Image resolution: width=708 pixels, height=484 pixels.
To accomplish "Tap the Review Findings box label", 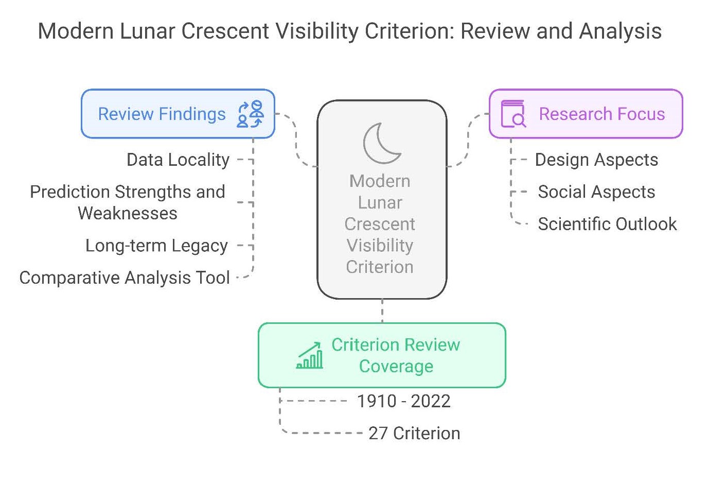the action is (x=162, y=114).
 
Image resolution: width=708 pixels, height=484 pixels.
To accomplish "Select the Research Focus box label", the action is (x=602, y=114).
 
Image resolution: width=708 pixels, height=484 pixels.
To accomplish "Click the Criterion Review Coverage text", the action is (x=396, y=355).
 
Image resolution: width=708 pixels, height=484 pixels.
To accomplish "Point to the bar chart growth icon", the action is (x=309, y=355).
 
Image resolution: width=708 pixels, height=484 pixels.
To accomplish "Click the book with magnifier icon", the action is (x=514, y=114).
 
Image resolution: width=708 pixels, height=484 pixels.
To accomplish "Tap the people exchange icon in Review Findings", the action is (x=251, y=114).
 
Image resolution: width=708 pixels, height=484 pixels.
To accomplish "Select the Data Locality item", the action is (x=178, y=160).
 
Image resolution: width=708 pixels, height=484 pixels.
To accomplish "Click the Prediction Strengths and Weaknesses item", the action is (x=128, y=202).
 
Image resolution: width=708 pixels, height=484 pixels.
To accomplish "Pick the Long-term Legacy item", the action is (x=156, y=246).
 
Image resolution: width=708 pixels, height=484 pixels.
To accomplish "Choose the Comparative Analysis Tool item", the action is (x=125, y=278).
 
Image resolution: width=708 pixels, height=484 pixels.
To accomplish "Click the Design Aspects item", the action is (x=596, y=160).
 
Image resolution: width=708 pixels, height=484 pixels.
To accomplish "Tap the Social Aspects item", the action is (x=596, y=192).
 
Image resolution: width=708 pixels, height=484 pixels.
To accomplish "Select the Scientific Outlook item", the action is (x=607, y=224).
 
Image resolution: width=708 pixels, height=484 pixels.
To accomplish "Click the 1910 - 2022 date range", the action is (x=403, y=401).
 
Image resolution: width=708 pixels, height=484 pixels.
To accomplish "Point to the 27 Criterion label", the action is (x=414, y=433).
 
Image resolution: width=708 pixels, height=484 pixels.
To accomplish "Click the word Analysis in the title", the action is (x=620, y=31).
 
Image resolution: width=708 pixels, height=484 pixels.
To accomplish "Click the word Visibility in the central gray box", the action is (x=380, y=246).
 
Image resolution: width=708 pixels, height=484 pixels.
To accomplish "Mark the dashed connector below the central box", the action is (x=382, y=310).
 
